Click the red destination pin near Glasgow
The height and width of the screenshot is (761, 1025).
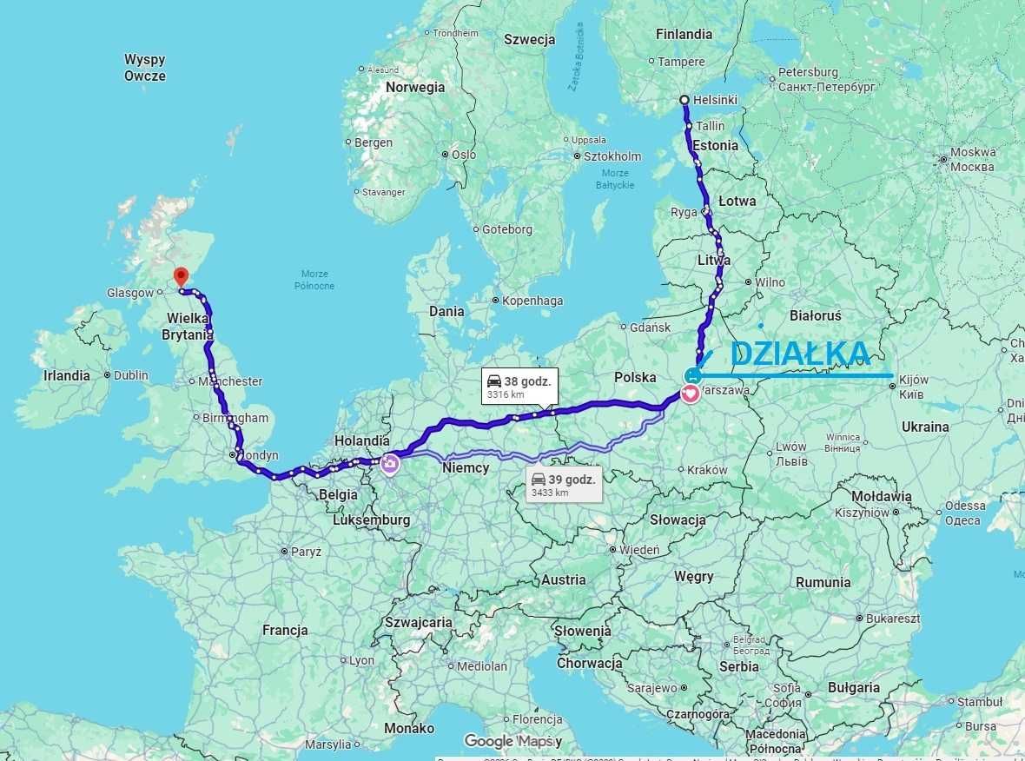coord(181,276)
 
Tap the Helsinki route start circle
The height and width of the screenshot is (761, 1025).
coord(684,100)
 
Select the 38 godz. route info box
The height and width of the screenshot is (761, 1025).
coord(519,386)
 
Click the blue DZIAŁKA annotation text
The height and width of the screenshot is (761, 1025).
coord(799,353)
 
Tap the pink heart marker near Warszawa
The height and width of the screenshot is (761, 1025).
coord(691,394)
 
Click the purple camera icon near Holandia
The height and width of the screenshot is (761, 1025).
coord(389,464)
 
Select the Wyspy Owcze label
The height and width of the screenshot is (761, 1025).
coord(144,67)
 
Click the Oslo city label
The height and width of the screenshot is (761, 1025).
coord(463,155)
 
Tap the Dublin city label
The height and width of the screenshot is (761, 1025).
coord(130,375)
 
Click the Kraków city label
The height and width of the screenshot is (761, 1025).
coord(706,470)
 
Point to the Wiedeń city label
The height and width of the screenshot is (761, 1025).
coord(639,550)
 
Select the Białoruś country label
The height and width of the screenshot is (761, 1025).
coord(816,315)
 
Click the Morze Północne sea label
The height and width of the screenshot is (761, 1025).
coord(314,280)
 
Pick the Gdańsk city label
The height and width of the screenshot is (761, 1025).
coord(651,328)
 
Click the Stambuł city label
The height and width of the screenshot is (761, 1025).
coord(979,701)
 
